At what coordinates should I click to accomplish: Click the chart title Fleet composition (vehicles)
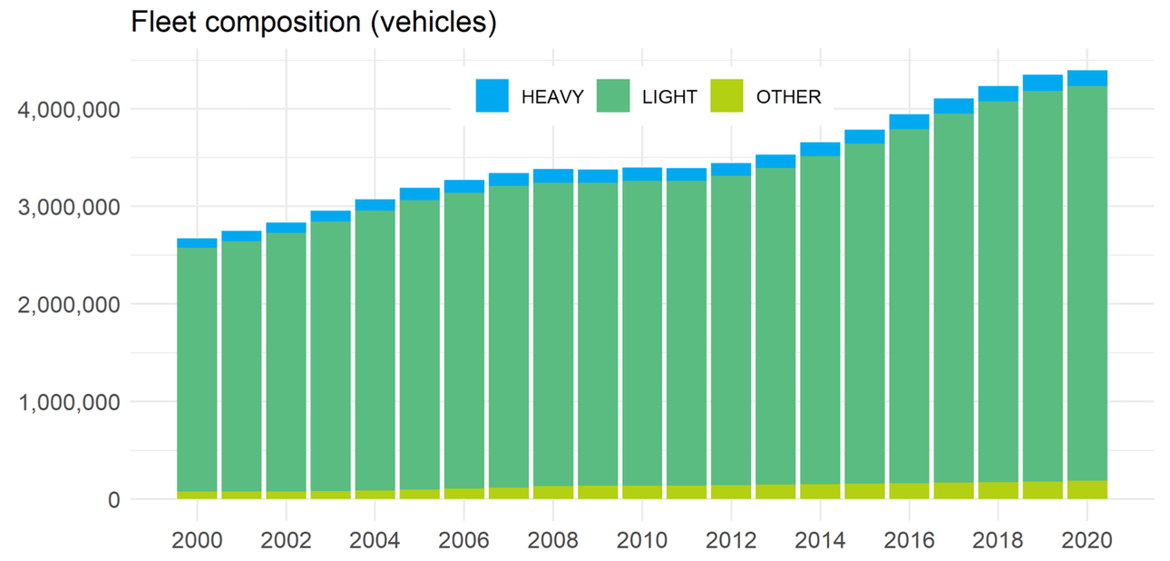pos(314,23)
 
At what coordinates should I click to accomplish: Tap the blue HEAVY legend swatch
pos(492,96)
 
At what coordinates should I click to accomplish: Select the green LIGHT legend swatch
pos(612,96)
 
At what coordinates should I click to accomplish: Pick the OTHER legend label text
pos(788,97)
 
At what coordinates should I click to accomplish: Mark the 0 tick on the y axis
pos(112,500)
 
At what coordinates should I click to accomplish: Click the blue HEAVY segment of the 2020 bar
pos(1087,78)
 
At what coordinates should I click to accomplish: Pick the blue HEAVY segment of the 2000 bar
pos(197,243)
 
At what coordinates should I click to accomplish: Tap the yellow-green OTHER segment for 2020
pos(1087,489)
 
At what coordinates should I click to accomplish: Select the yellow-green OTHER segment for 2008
pos(553,492)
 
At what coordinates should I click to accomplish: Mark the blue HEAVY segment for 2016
pos(909,122)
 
